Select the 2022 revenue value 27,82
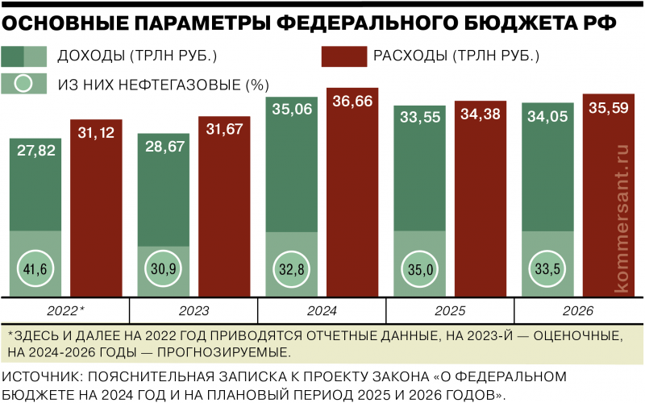pos(35,152)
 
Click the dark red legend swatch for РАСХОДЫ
pos(343,56)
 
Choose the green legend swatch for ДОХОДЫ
pos(24,56)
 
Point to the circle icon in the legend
pos(24,83)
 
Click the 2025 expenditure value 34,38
pos(481,115)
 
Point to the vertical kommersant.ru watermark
pos(621,218)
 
